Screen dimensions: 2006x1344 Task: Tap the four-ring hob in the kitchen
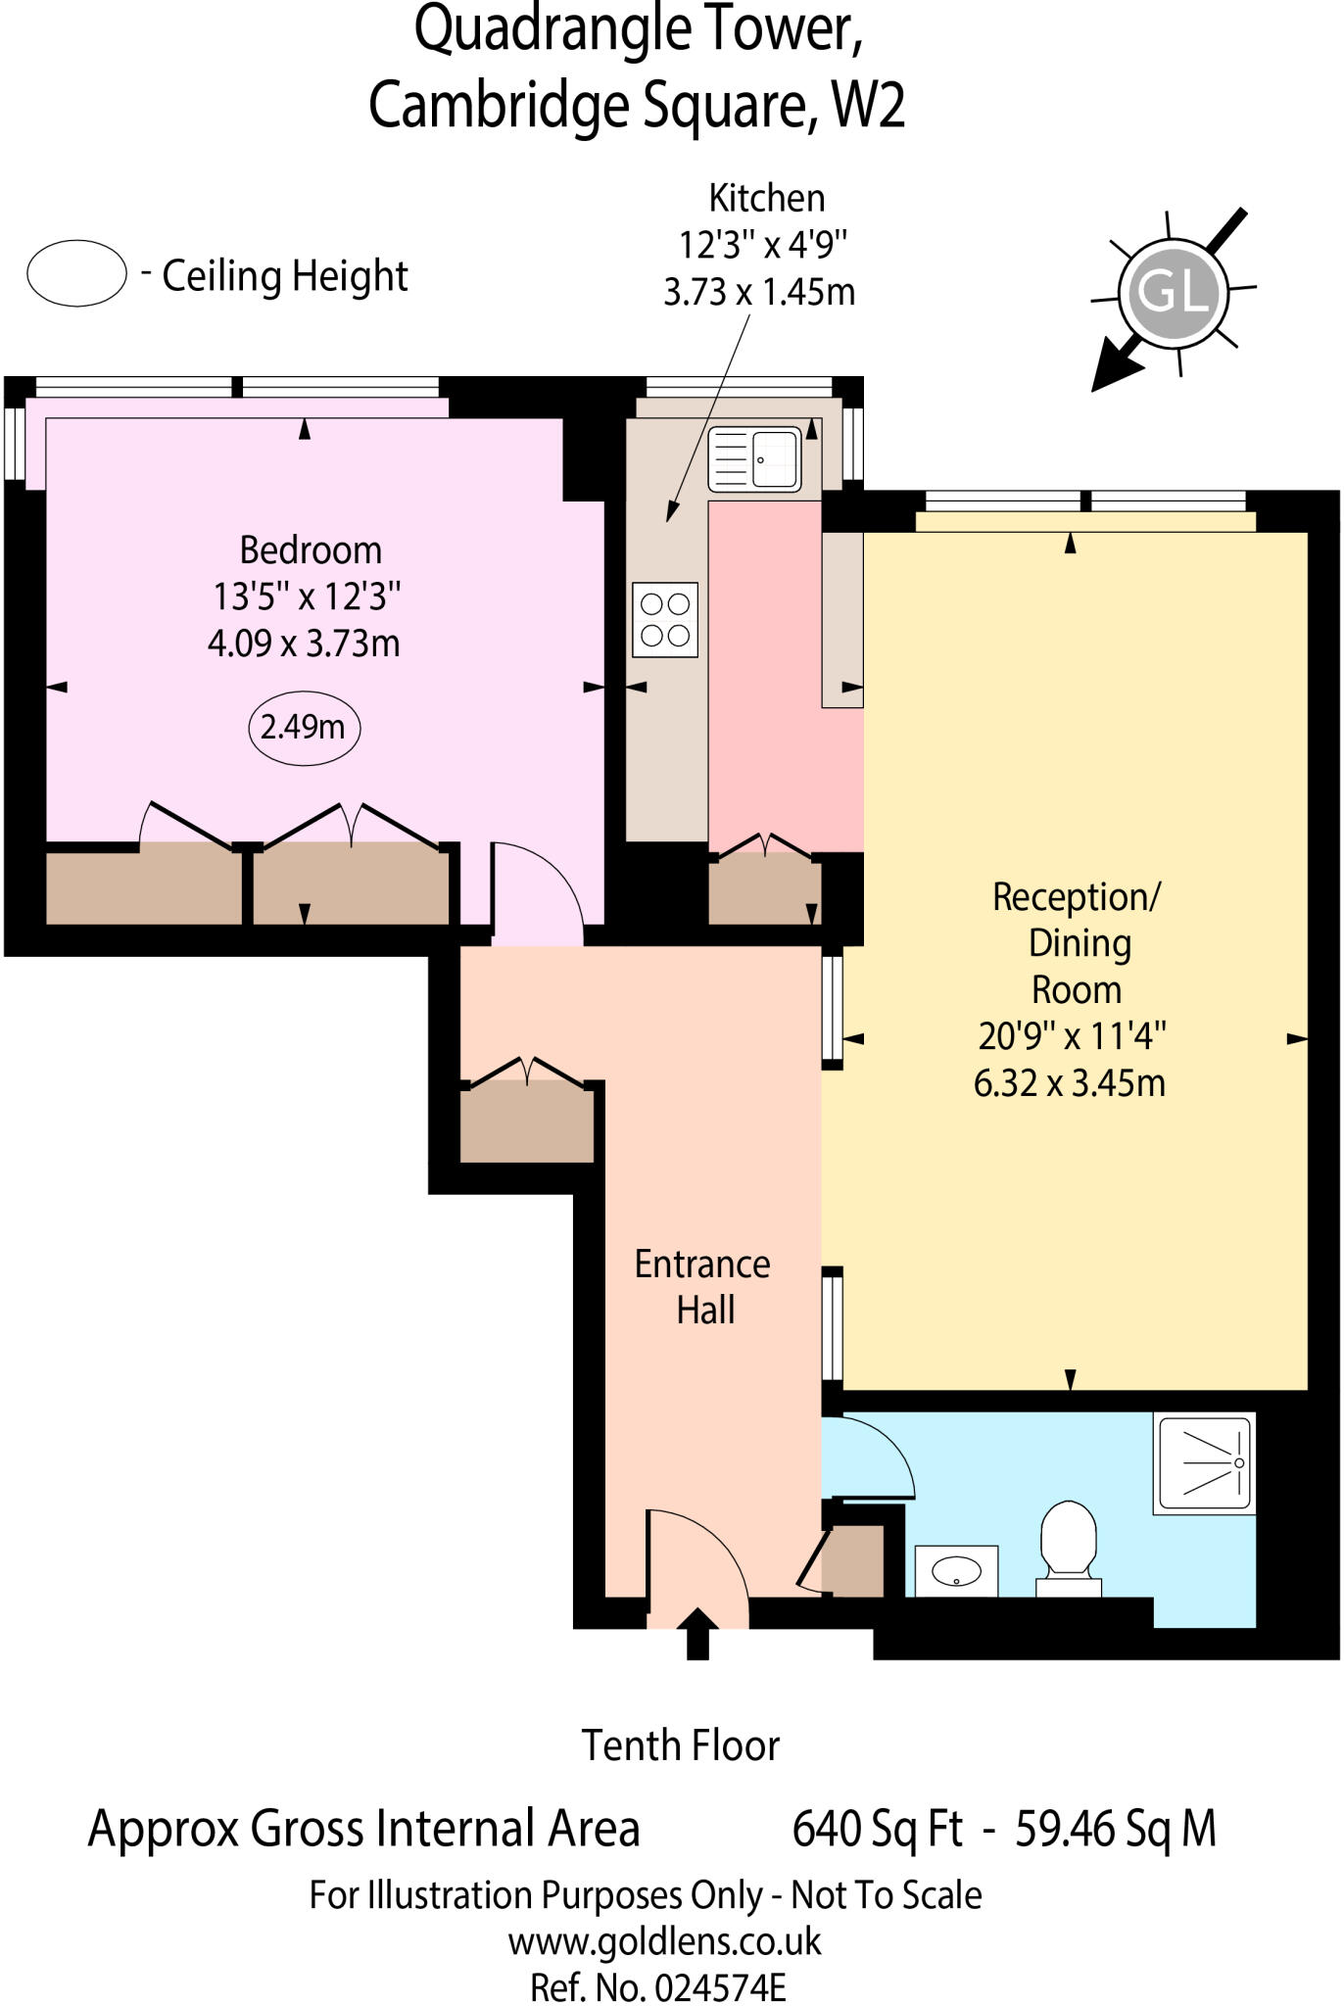[x=665, y=620]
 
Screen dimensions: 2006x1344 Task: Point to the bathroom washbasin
[x=956, y=1571]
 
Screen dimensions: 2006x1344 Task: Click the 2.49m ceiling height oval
[x=304, y=728]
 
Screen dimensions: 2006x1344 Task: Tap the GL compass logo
[x=1173, y=293]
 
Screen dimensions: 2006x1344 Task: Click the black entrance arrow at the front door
[x=697, y=1634]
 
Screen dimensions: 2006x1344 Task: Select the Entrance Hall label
[x=702, y=1286]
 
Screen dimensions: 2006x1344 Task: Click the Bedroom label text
[x=311, y=550]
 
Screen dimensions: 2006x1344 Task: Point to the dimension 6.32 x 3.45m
[x=1070, y=1083]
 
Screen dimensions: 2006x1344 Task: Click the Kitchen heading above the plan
[x=766, y=198]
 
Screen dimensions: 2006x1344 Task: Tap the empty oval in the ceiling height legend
[x=76, y=273]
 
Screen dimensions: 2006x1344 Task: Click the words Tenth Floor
[x=681, y=1745]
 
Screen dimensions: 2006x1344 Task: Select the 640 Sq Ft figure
[x=877, y=1829]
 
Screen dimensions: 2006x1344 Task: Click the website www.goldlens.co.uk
[x=664, y=1940]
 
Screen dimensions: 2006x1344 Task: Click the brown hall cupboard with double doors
[x=527, y=1121]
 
